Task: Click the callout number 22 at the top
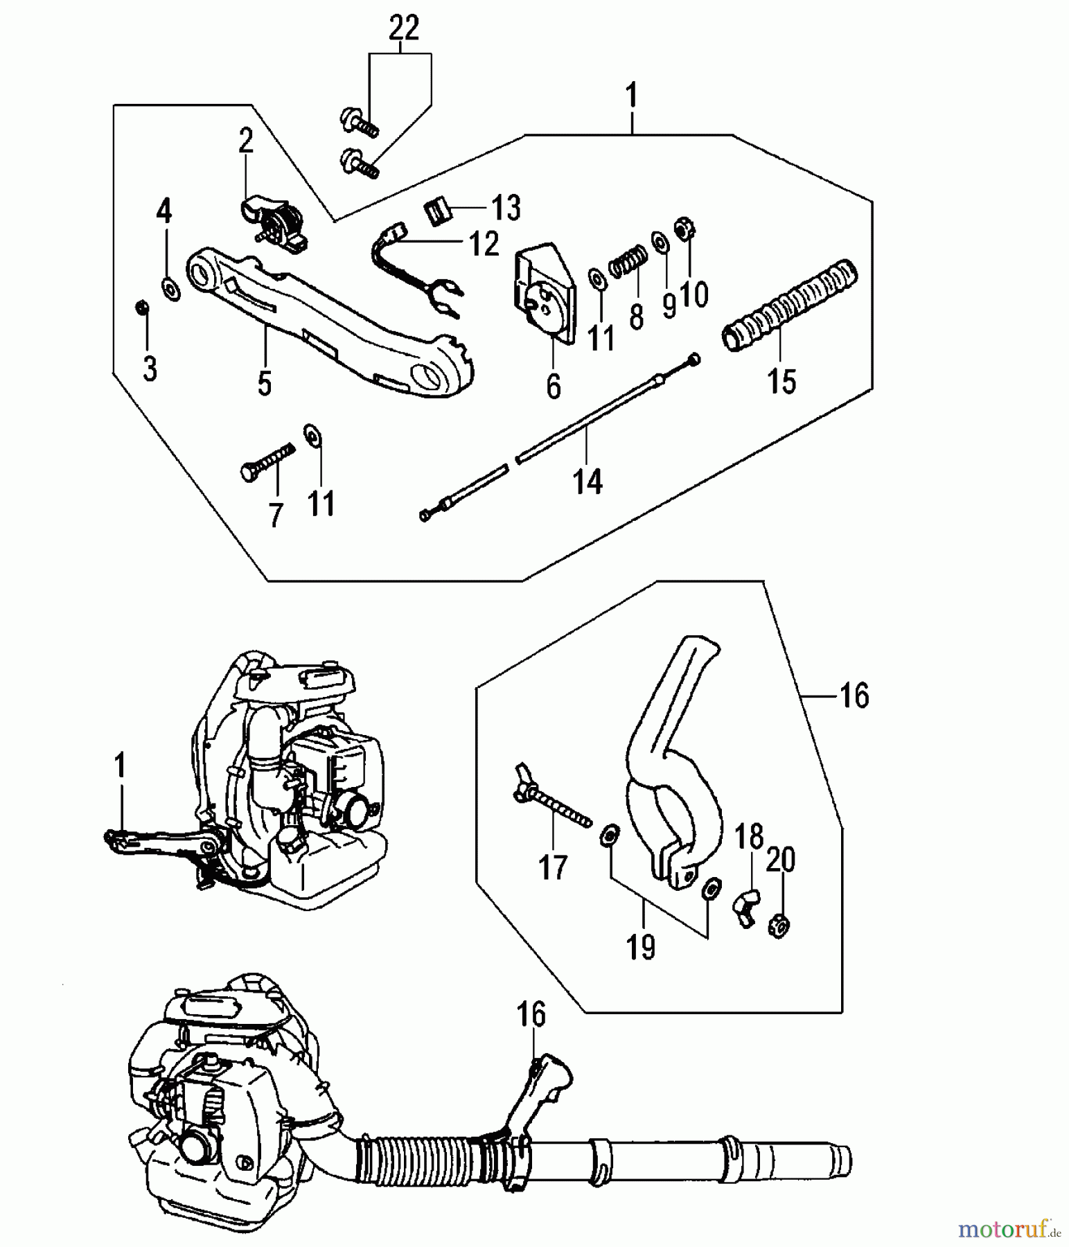pyautogui.click(x=404, y=28)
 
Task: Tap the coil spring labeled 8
pyautogui.click(x=628, y=264)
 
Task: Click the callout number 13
pyautogui.click(x=506, y=208)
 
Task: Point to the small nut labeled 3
pyautogui.click(x=141, y=306)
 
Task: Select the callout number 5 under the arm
pyautogui.click(x=264, y=382)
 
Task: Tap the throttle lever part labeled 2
pyautogui.click(x=276, y=220)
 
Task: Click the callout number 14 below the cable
pyautogui.click(x=587, y=480)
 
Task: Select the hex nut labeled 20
pyautogui.click(x=779, y=926)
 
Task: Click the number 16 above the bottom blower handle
pyautogui.click(x=531, y=1015)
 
